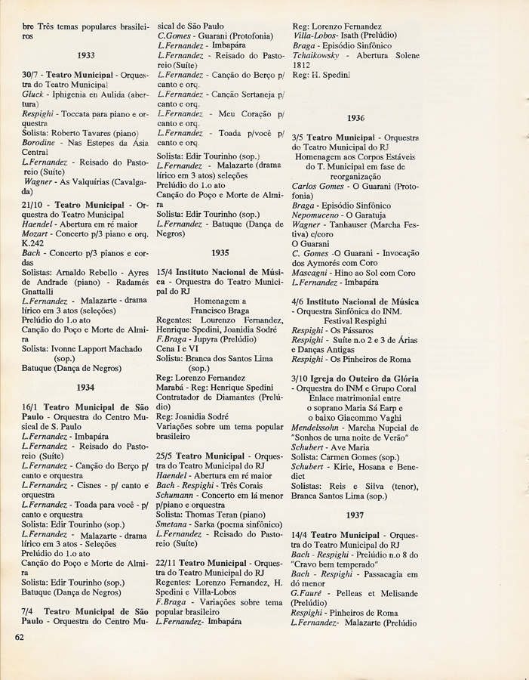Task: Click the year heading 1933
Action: click(x=85, y=56)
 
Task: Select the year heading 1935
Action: click(x=220, y=253)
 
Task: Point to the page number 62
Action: click(x=21, y=636)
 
